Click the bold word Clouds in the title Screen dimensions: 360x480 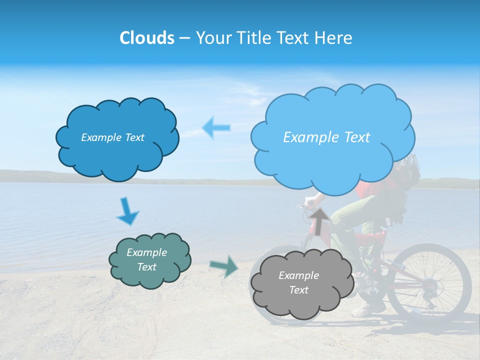coord(146,38)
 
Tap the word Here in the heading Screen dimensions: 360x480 coord(335,38)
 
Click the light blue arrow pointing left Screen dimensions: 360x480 coord(216,128)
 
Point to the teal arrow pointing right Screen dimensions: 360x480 coord(224,265)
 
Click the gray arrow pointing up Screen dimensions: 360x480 coord(319,220)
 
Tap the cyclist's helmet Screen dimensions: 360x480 coord(410,165)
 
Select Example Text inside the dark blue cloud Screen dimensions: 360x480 coord(112,137)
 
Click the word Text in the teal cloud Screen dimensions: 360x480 coord(146,267)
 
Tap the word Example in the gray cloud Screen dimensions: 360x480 coord(298,275)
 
